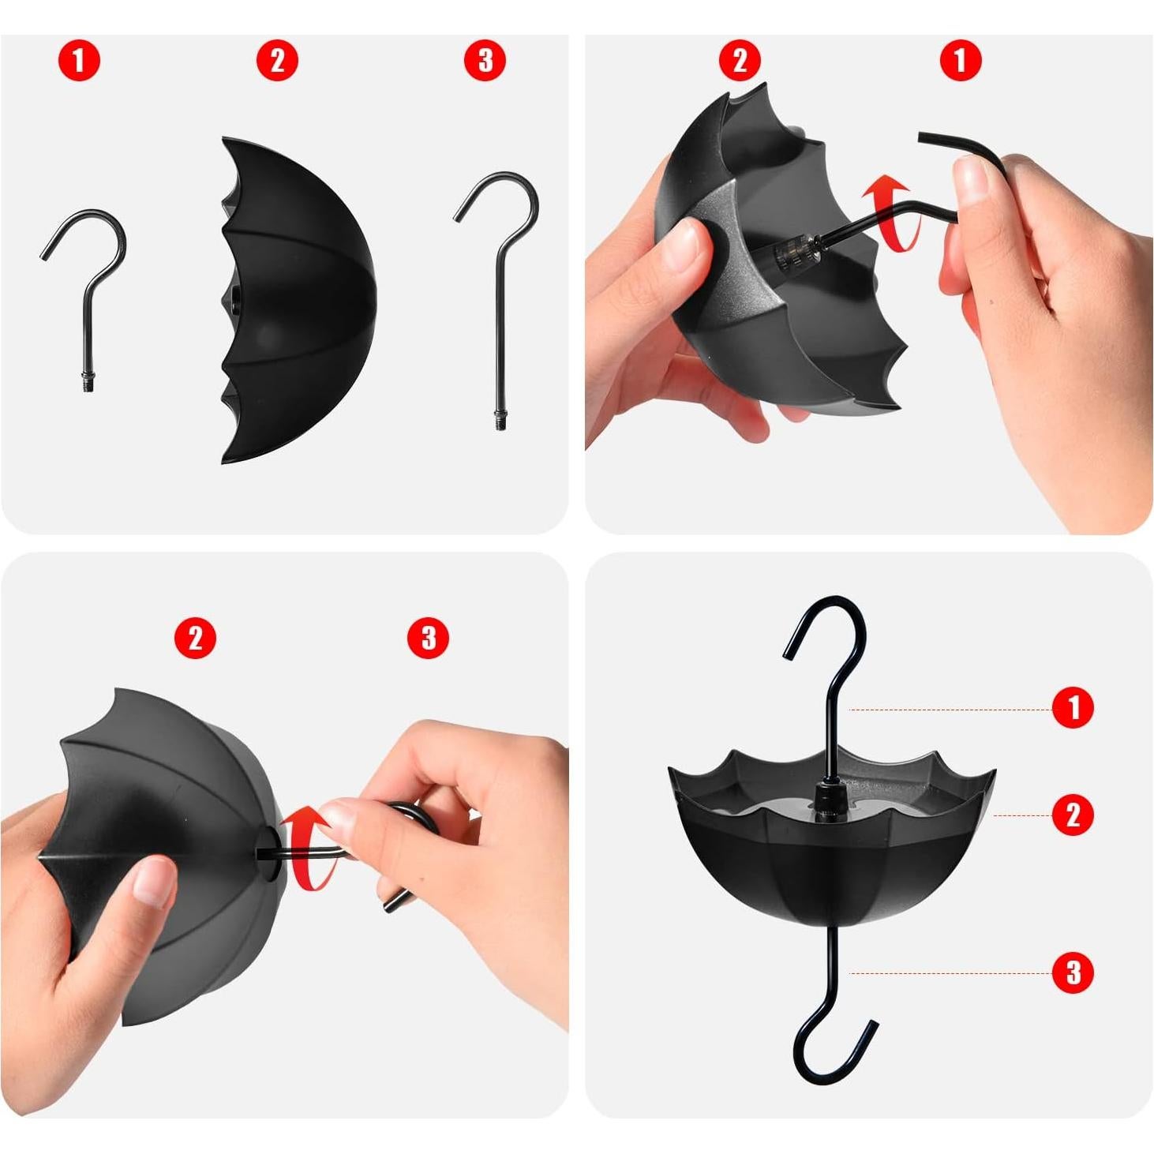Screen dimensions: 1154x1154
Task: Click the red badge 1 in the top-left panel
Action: pos(78,61)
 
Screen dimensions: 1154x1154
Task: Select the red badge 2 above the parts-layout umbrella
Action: pos(277,61)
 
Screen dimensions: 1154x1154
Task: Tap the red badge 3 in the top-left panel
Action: pos(485,61)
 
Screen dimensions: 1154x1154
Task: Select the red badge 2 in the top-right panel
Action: pos(740,61)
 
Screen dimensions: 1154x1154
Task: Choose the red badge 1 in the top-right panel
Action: pos(961,61)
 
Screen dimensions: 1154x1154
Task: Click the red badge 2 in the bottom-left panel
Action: pos(195,638)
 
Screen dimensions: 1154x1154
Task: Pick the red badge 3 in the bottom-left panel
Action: pos(428,638)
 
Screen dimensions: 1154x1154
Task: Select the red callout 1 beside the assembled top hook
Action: pos(1073,707)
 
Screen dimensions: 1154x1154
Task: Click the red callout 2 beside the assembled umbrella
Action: pos(1073,815)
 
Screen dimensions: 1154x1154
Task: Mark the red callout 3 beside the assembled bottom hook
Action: pos(1073,973)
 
